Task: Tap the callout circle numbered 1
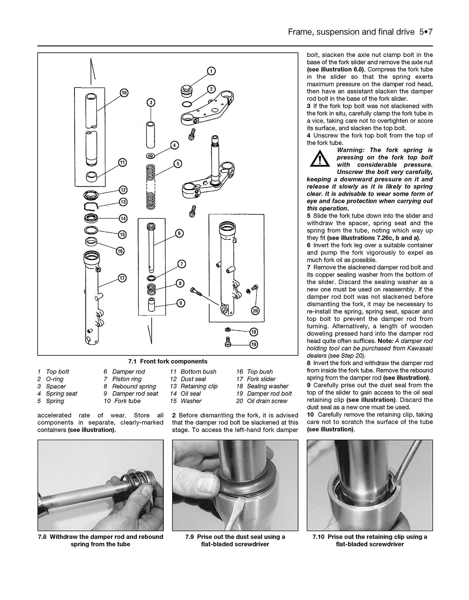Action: [x=211, y=71]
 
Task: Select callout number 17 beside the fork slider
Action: [x=122, y=278]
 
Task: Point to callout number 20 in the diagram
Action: [x=256, y=311]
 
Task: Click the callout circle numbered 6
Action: [x=179, y=233]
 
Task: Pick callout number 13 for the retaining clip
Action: [x=123, y=202]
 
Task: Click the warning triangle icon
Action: [x=319, y=158]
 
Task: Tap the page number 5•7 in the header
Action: [x=425, y=32]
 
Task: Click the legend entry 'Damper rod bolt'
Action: [x=269, y=394]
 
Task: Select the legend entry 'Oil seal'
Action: [x=191, y=394]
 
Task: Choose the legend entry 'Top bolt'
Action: [x=58, y=372]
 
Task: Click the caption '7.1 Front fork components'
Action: [x=168, y=361]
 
